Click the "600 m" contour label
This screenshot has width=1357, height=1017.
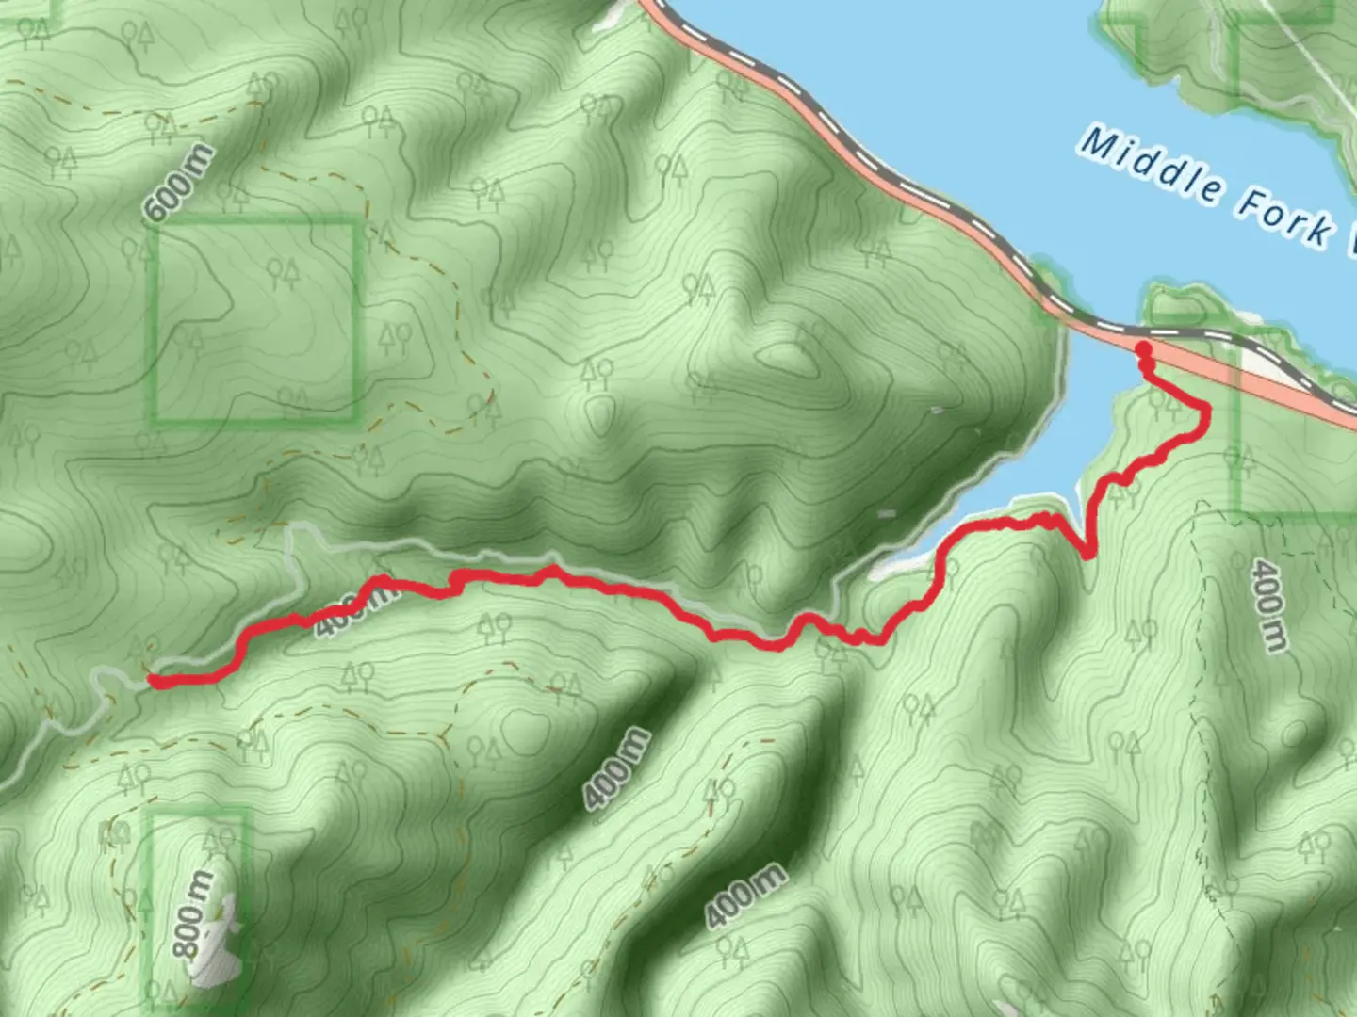point(179,184)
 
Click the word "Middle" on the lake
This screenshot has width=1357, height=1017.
point(1151,167)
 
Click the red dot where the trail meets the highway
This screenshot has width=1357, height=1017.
point(1143,350)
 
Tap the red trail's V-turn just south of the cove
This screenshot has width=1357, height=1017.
point(1089,554)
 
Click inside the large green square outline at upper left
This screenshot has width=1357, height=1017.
point(254,320)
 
